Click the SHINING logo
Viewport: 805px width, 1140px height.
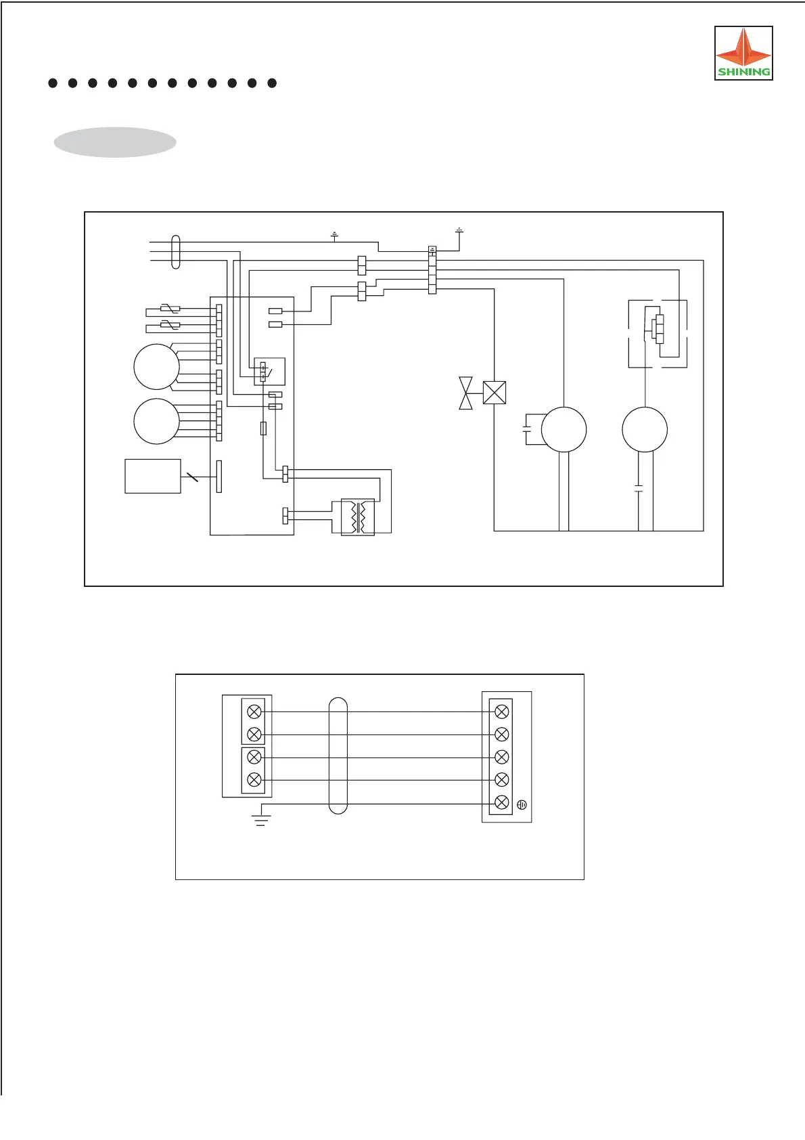743,53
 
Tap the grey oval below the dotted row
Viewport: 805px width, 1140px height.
115,142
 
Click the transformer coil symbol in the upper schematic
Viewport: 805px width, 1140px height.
358,517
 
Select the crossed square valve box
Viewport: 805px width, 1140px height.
495,393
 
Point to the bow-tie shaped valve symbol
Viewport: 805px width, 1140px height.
466,393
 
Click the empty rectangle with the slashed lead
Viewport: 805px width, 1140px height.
153,476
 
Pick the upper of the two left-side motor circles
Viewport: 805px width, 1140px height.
156,366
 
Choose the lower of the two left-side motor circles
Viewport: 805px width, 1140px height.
156,421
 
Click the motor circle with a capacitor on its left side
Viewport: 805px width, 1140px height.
563,429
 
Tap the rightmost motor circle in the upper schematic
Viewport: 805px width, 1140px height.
645,429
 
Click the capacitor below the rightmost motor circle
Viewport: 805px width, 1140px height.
639,487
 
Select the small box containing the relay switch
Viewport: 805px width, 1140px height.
269,371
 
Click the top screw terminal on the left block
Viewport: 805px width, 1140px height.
254,711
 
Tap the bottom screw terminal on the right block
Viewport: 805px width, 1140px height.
501,802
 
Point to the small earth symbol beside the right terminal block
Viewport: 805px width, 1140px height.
522,805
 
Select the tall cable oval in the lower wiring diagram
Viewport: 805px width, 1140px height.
338,756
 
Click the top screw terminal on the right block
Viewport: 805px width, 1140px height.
501,711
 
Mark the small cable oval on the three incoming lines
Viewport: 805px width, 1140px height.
176,252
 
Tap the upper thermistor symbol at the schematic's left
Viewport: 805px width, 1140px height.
170,310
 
